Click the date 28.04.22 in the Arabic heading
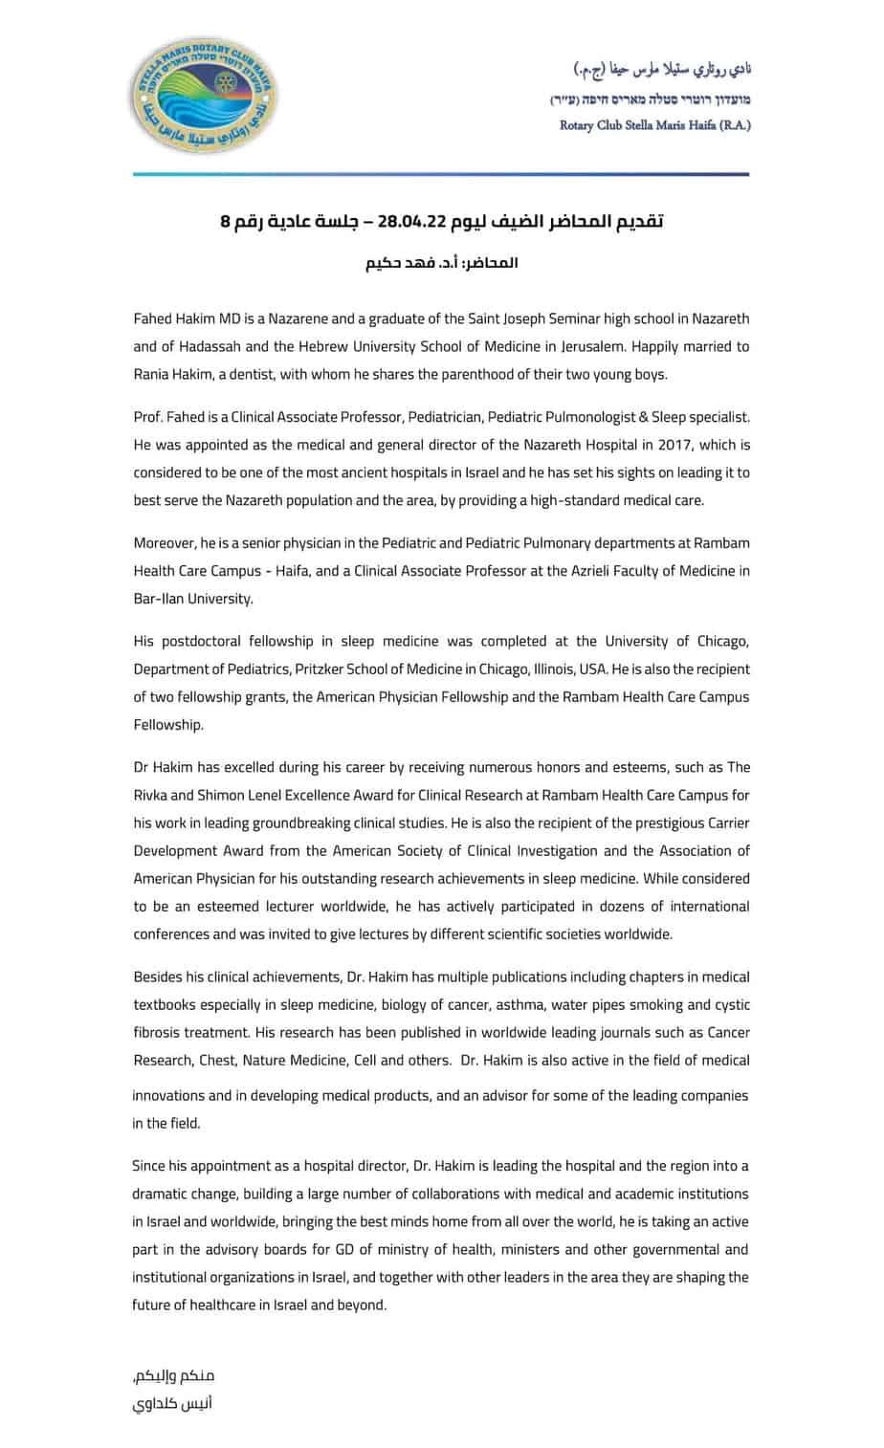pos(412,222)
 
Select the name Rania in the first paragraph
pos(153,374)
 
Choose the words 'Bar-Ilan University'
pos(192,599)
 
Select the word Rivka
pos(152,795)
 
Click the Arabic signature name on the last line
pos(173,1404)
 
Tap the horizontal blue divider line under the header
pos(441,174)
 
